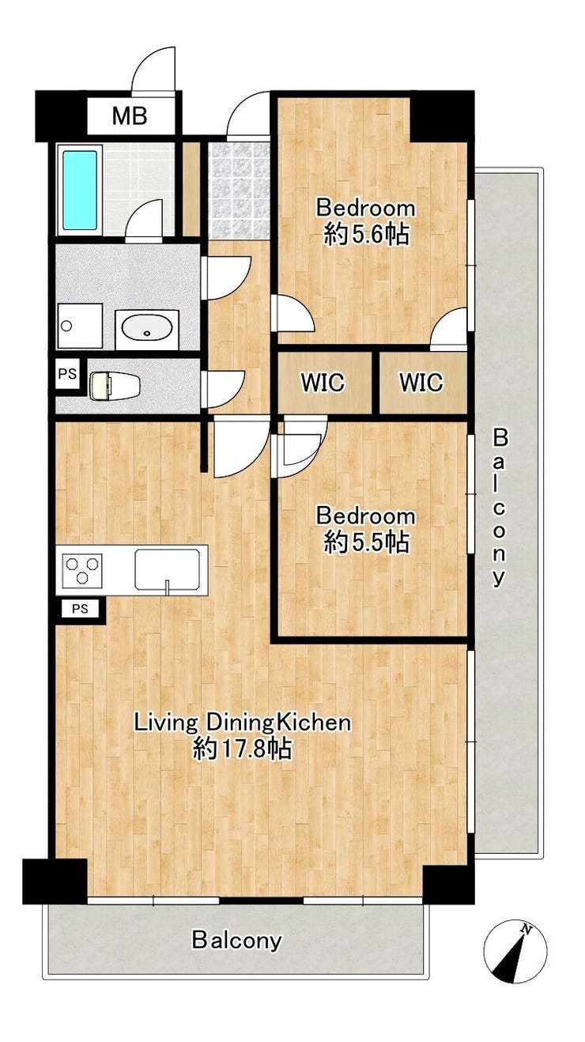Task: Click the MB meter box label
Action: pos(130,116)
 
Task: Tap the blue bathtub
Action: pos(80,191)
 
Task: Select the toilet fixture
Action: pos(115,385)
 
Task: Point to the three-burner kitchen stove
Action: pos(82,568)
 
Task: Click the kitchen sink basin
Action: pos(170,569)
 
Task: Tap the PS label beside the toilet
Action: pos(67,373)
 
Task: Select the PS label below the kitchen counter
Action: pos(80,609)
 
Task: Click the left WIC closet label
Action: pos(323,383)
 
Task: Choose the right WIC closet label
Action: pos(421,383)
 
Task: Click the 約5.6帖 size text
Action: pos(367,235)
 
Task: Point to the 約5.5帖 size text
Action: pos(367,542)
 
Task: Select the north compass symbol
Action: pos(515,950)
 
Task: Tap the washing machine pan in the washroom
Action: pos(80,326)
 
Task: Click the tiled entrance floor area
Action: pos(239,191)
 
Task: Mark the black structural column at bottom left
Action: pos(55,882)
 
